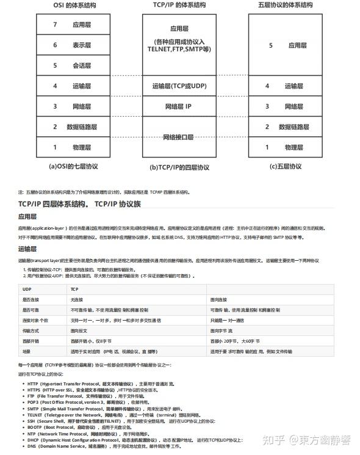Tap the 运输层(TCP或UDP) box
click(x=180, y=86)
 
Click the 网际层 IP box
click(x=180, y=106)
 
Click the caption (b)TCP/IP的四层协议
click(x=180, y=167)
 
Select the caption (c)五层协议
click(x=286, y=166)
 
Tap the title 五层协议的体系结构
click(x=286, y=6)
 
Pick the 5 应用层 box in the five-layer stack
click(x=286, y=45)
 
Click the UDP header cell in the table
click(x=27, y=288)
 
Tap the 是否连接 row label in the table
click(x=31, y=299)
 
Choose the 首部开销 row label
click(x=31, y=341)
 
